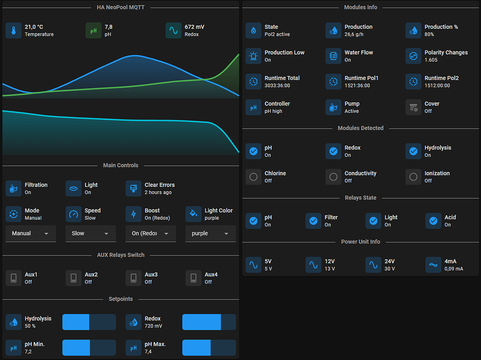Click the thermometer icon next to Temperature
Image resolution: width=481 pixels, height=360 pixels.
point(14,31)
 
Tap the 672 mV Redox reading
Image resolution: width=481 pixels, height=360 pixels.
point(194,27)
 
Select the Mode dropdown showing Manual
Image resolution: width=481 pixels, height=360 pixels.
point(31,234)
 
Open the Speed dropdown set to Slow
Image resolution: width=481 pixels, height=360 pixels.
point(90,234)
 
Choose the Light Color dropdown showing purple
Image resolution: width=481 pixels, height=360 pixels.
point(210,234)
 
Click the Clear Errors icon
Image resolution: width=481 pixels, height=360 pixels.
point(133,188)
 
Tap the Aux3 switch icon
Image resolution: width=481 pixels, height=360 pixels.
point(133,278)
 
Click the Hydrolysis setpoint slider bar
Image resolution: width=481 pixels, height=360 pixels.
point(89,322)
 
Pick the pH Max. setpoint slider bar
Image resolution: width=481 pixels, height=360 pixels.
point(209,348)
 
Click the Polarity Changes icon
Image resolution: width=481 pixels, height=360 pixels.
point(413,56)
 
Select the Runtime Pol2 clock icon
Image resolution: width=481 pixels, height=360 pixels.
point(413,81)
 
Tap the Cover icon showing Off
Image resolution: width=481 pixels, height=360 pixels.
point(413,107)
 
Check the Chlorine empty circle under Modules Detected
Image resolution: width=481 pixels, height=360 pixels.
point(253,177)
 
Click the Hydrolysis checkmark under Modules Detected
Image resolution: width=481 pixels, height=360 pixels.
point(413,151)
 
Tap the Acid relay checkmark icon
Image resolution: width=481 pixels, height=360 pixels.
point(433,221)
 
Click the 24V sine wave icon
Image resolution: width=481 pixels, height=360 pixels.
point(373,265)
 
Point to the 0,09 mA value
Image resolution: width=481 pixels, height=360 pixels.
point(454,269)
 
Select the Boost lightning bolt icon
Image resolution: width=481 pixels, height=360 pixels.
point(133,214)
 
